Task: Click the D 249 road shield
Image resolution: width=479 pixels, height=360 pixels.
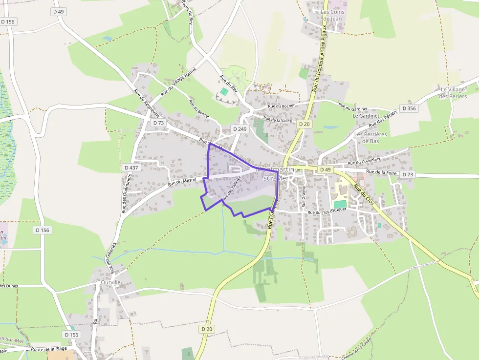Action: pyautogui.click(x=239, y=129)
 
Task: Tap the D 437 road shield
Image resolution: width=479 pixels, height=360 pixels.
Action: pyautogui.click(x=131, y=168)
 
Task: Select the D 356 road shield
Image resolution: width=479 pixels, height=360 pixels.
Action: pyautogui.click(x=409, y=108)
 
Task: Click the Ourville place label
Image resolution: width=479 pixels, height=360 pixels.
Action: pyautogui.click(x=110, y=282)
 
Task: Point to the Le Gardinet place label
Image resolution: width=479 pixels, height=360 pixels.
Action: pyautogui.click(x=366, y=116)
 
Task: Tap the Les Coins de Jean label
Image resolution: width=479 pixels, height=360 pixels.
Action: pyautogui.click(x=332, y=15)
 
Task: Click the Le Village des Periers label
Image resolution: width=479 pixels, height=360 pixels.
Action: pyautogui.click(x=453, y=93)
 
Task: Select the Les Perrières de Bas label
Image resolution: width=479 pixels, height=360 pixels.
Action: pyautogui.click(x=370, y=138)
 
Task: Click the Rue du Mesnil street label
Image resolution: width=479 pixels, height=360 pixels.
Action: pyautogui.click(x=182, y=182)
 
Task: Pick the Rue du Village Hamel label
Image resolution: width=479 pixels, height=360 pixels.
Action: pyautogui.click(x=181, y=81)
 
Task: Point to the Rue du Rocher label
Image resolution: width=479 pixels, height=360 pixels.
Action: pyautogui.click(x=282, y=106)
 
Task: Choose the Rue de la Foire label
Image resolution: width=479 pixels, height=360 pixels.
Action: pyautogui.click(x=381, y=172)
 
